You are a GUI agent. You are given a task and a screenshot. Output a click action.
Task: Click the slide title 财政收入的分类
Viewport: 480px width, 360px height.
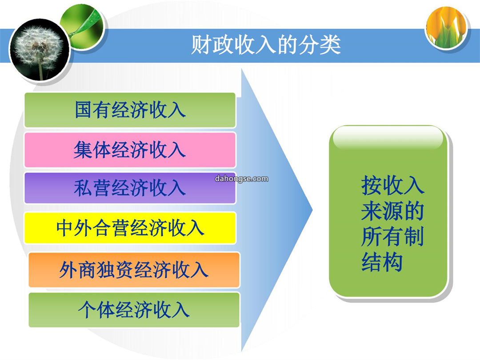tap(266, 45)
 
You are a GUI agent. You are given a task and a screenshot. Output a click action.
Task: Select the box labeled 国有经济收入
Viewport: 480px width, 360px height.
tap(130, 110)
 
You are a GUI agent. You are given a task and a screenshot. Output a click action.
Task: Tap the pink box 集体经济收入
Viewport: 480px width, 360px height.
tap(130, 150)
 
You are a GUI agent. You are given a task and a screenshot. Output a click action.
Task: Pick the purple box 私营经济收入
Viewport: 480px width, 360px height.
tap(130, 188)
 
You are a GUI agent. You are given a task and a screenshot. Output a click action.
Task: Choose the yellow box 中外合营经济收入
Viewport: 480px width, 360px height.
tap(130, 228)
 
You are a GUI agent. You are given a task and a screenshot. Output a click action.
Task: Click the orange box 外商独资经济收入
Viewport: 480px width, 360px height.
tap(134, 270)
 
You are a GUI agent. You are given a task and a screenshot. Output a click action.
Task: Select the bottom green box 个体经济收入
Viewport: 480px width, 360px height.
tap(134, 310)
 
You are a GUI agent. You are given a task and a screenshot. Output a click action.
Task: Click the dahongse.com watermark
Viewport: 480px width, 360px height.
tap(241, 179)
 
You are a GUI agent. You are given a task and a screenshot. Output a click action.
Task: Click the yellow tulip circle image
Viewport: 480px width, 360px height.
tap(447, 28)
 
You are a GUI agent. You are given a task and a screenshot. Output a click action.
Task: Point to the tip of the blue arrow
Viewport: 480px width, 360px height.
tap(312, 210)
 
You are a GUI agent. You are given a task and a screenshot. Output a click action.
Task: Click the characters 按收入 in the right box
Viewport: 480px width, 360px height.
tap(393, 185)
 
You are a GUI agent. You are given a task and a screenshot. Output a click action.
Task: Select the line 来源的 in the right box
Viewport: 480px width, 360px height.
tap(392, 211)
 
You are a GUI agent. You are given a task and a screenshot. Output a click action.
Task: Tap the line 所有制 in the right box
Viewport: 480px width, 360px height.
tap(392, 236)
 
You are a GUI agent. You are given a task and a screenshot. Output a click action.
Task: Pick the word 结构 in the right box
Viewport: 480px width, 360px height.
tap(382, 262)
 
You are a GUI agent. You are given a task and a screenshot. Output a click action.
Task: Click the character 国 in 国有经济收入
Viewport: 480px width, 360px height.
tap(84, 110)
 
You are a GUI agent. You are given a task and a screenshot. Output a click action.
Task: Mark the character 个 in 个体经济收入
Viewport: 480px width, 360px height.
tap(87, 310)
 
